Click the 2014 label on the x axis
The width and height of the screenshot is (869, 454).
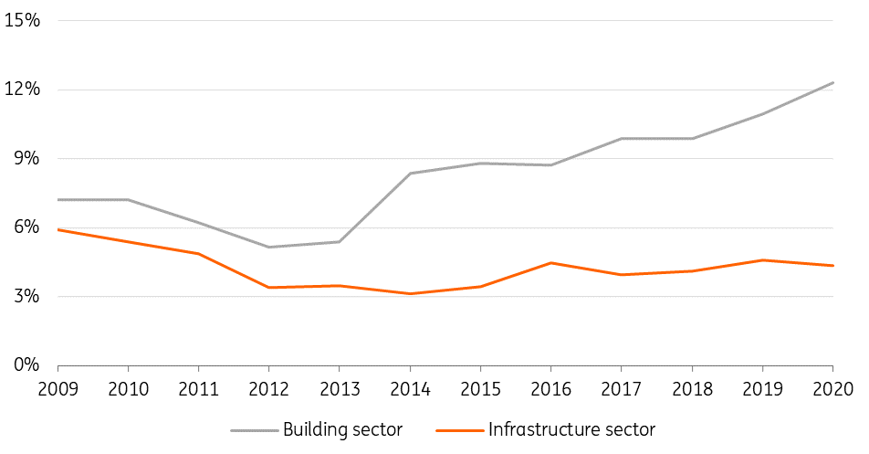pyautogui.click(x=410, y=389)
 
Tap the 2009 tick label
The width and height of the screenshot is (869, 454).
pyautogui.click(x=58, y=389)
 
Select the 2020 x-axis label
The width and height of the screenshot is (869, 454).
pyautogui.click(x=833, y=389)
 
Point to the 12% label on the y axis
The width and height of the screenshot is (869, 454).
pyautogui.click(x=22, y=89)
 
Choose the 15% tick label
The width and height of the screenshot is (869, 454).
pyautogui.click(x=22, y=20)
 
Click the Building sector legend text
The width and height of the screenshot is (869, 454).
pyautogui.click(x=342, y=429)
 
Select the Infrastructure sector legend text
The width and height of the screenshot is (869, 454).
pyautogui.click(x=571, y=429)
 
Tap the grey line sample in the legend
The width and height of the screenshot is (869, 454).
pyautogui.click(x=255, y=430)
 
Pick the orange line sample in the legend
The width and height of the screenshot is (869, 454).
pyautogui.click(x=460, y=430)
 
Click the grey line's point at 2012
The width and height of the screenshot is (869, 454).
pyautogui.click(x=268, y=247)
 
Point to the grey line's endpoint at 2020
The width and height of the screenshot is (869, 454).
pyautogui.click(x=832, y=83)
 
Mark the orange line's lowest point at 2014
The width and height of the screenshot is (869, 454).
pyautogui.click(x=410, y=294)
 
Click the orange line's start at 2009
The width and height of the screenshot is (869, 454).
pyautogui.click(x=58, y=229)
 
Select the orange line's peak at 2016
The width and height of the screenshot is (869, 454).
pyautogui.click(x=551, y=263)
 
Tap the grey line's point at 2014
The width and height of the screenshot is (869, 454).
pyautogui.click(x=410, y=174)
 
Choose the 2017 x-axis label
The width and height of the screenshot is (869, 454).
pyautogui.click(x=622, y=389)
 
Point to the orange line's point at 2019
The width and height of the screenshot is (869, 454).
pyautogui.click(x=762, y=260)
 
